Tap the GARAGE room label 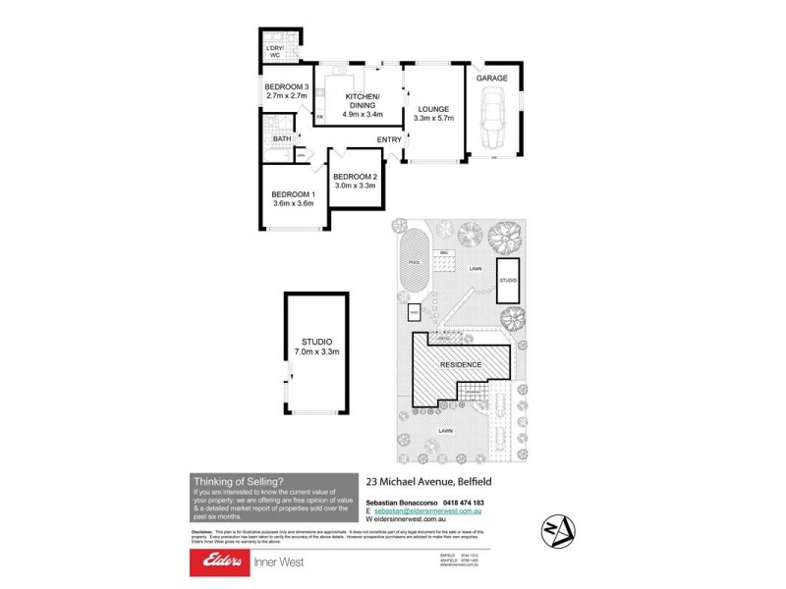(x=491, y=78)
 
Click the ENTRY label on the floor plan (x=389, y=140)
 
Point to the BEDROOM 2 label (x=356, y=176)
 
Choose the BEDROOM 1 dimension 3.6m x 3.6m (x=292, y=204)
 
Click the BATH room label (x=282, y=139)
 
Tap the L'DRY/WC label (x=275, y=51)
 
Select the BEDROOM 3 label (x=287, y=87)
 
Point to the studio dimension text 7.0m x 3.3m (x=316, y=350)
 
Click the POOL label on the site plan (x=414, y=264)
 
